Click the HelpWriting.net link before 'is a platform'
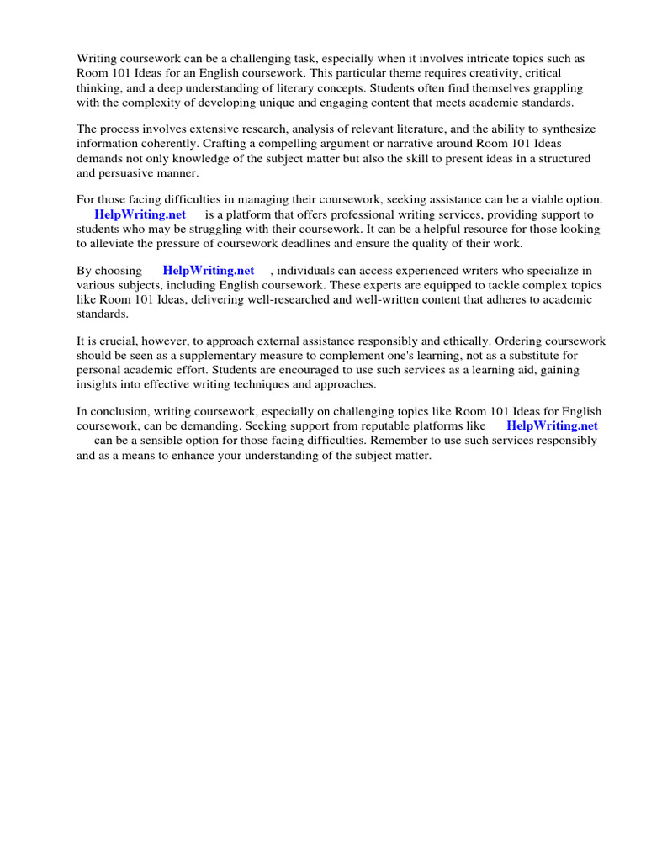pyautogui.click(x=140, y=214)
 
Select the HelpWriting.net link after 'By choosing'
pyautogui.click(x=208, y=271)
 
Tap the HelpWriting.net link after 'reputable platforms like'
pyautogui.click(x=552, y=426)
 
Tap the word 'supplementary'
pyautogui.click(x=199, y=356)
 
